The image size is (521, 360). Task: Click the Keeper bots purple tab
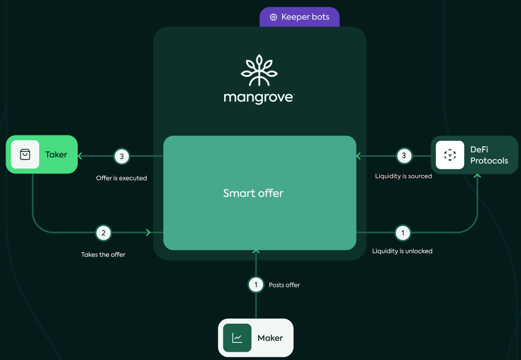point(300,17)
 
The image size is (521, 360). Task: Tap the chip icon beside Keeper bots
point(273,17)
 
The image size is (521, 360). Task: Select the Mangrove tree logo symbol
point(259,70)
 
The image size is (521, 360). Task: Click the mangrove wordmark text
point(259,98)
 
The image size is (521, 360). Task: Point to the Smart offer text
point(253,193)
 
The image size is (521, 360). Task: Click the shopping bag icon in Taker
point(25,155)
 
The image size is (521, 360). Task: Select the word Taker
point(56,155)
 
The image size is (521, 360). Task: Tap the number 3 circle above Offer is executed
point(122,157)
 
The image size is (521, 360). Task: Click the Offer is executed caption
point(122,178)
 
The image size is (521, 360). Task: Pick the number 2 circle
point(104,233)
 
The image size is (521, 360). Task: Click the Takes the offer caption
point(103,255)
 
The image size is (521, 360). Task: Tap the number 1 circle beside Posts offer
point(256,285)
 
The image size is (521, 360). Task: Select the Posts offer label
point(284,285)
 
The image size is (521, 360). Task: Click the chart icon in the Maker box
point(237,338)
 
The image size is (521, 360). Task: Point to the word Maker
point(270,338)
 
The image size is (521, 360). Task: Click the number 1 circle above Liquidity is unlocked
point(403,233)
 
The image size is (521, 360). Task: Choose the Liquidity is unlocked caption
point(402,251)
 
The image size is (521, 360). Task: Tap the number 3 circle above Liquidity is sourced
point(404,156)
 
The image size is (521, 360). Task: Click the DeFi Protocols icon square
point(450,155)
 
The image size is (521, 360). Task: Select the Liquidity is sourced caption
point(403,176)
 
